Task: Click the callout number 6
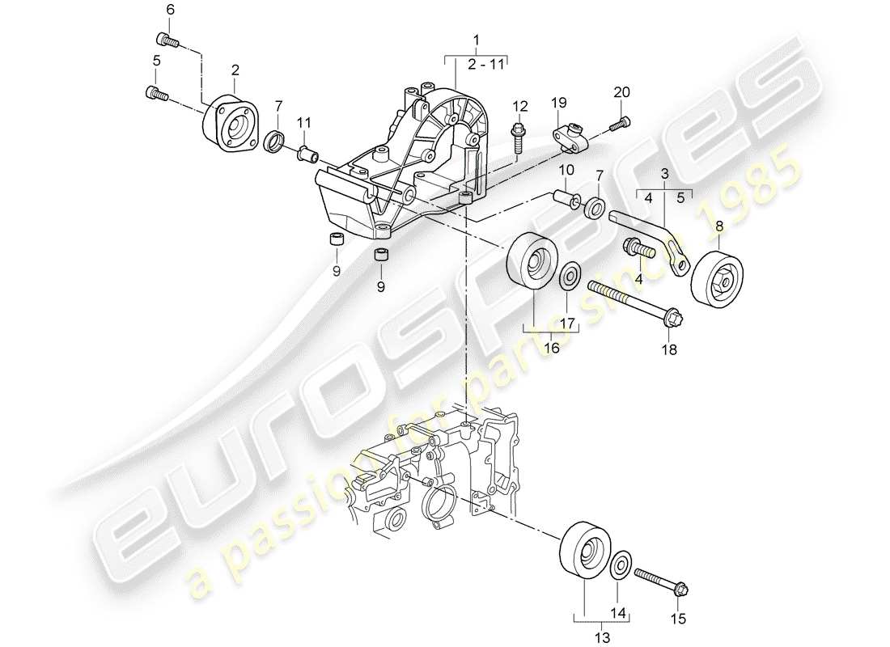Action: click(170, 10)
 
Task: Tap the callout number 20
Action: click(621, 92)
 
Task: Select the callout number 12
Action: click(519, 105)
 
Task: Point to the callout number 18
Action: click(671, 350)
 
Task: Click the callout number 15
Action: click(677, 619)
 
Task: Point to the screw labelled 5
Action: click(157, 95)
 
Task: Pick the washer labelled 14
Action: click(621, 564)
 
